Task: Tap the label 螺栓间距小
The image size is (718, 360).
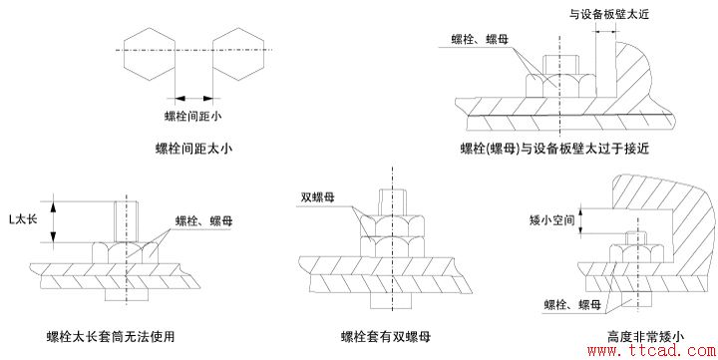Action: click(x=192, y=117)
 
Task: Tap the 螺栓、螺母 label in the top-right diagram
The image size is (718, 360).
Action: click(x=482, y=39)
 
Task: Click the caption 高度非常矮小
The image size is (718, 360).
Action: click(x=645, y=336)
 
